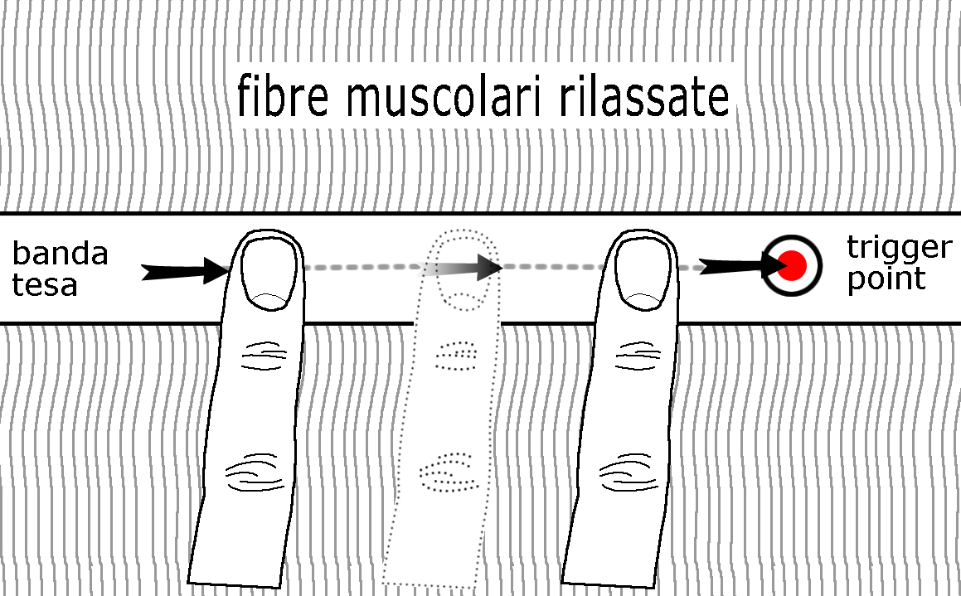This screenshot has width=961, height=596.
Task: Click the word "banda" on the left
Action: coord(60,254)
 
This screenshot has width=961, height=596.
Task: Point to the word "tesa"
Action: coord(45,285)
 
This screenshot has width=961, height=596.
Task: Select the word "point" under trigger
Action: coord(886,279)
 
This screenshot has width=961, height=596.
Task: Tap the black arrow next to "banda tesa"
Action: coord(185,270)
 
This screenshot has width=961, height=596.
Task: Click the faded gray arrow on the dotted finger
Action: coord(459,267)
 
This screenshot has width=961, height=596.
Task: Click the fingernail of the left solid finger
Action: coord(269,274)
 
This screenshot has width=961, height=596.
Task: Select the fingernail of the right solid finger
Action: coord(643,274)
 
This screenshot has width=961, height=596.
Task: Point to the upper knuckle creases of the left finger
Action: coord(265,356)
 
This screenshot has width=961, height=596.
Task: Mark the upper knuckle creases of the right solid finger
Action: coord(638,356)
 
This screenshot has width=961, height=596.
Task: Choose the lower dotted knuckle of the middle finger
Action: coord(449,472)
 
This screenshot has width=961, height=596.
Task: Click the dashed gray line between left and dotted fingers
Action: coord(362,267)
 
